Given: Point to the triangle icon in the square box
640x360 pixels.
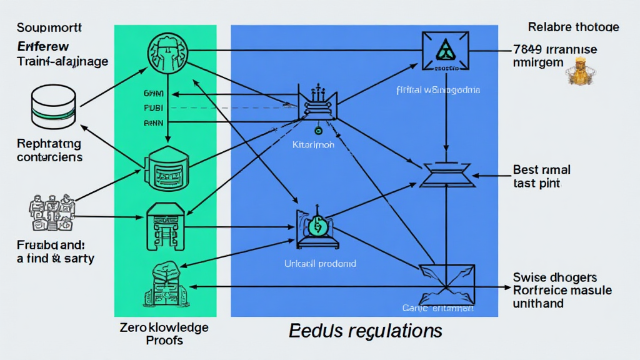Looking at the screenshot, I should (x=445, y=51).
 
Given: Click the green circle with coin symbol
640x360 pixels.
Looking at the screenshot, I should (x=317, y=226).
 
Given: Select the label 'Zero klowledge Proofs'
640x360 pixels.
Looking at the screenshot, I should (x=164, y=334).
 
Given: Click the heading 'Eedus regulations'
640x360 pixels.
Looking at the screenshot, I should (x=366, y=330).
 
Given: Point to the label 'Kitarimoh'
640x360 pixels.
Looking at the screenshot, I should (x=313, y=144).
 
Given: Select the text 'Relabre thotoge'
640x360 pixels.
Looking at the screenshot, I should (x=573, y=27).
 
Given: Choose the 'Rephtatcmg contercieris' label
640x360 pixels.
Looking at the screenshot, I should (x=49, y=150).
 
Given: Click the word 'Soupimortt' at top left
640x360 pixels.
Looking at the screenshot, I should (x=49, y=27).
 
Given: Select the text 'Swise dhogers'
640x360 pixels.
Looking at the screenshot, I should (x=554, y=277).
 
